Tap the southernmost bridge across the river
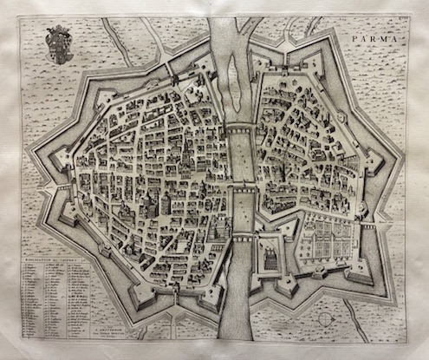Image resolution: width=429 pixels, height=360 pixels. point(245,232)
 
